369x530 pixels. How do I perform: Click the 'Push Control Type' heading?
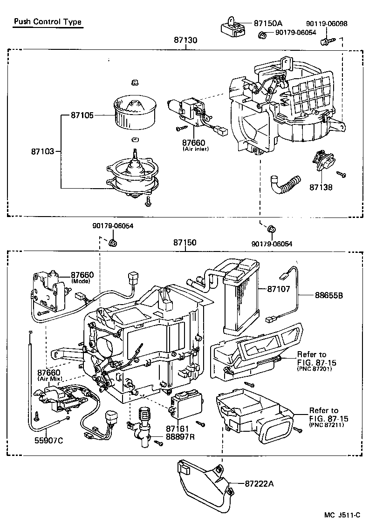[48, 22]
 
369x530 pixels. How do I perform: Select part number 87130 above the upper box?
[185, 41]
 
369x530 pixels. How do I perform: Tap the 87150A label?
[268, 23]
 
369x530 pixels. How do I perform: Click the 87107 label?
[279, 289]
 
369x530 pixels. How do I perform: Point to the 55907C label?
[47, 439]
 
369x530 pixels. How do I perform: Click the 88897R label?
[181, 437]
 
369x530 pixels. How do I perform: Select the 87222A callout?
[259, 484]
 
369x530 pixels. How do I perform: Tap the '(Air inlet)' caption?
[195, 149]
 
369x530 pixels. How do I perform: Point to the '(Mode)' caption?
[82, 282]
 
